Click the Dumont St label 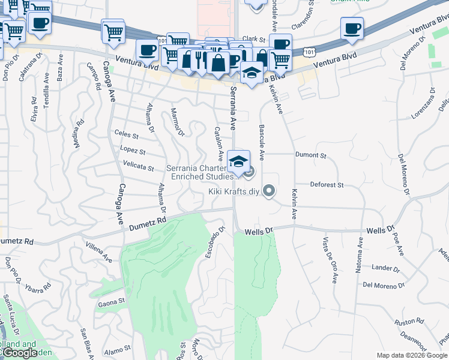(x=310, y=155)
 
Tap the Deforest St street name (x=327, y=185)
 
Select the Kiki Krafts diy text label (x=234, y=192)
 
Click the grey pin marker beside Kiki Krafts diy (x=270, y=191)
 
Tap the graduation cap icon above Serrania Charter (x=239, y=161)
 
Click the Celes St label (x=126, y=136)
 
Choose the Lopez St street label (x=133, y=151)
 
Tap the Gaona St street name (x=111, y=303)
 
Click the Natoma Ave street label (x=361, y=256)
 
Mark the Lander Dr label (x=382, y=268)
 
